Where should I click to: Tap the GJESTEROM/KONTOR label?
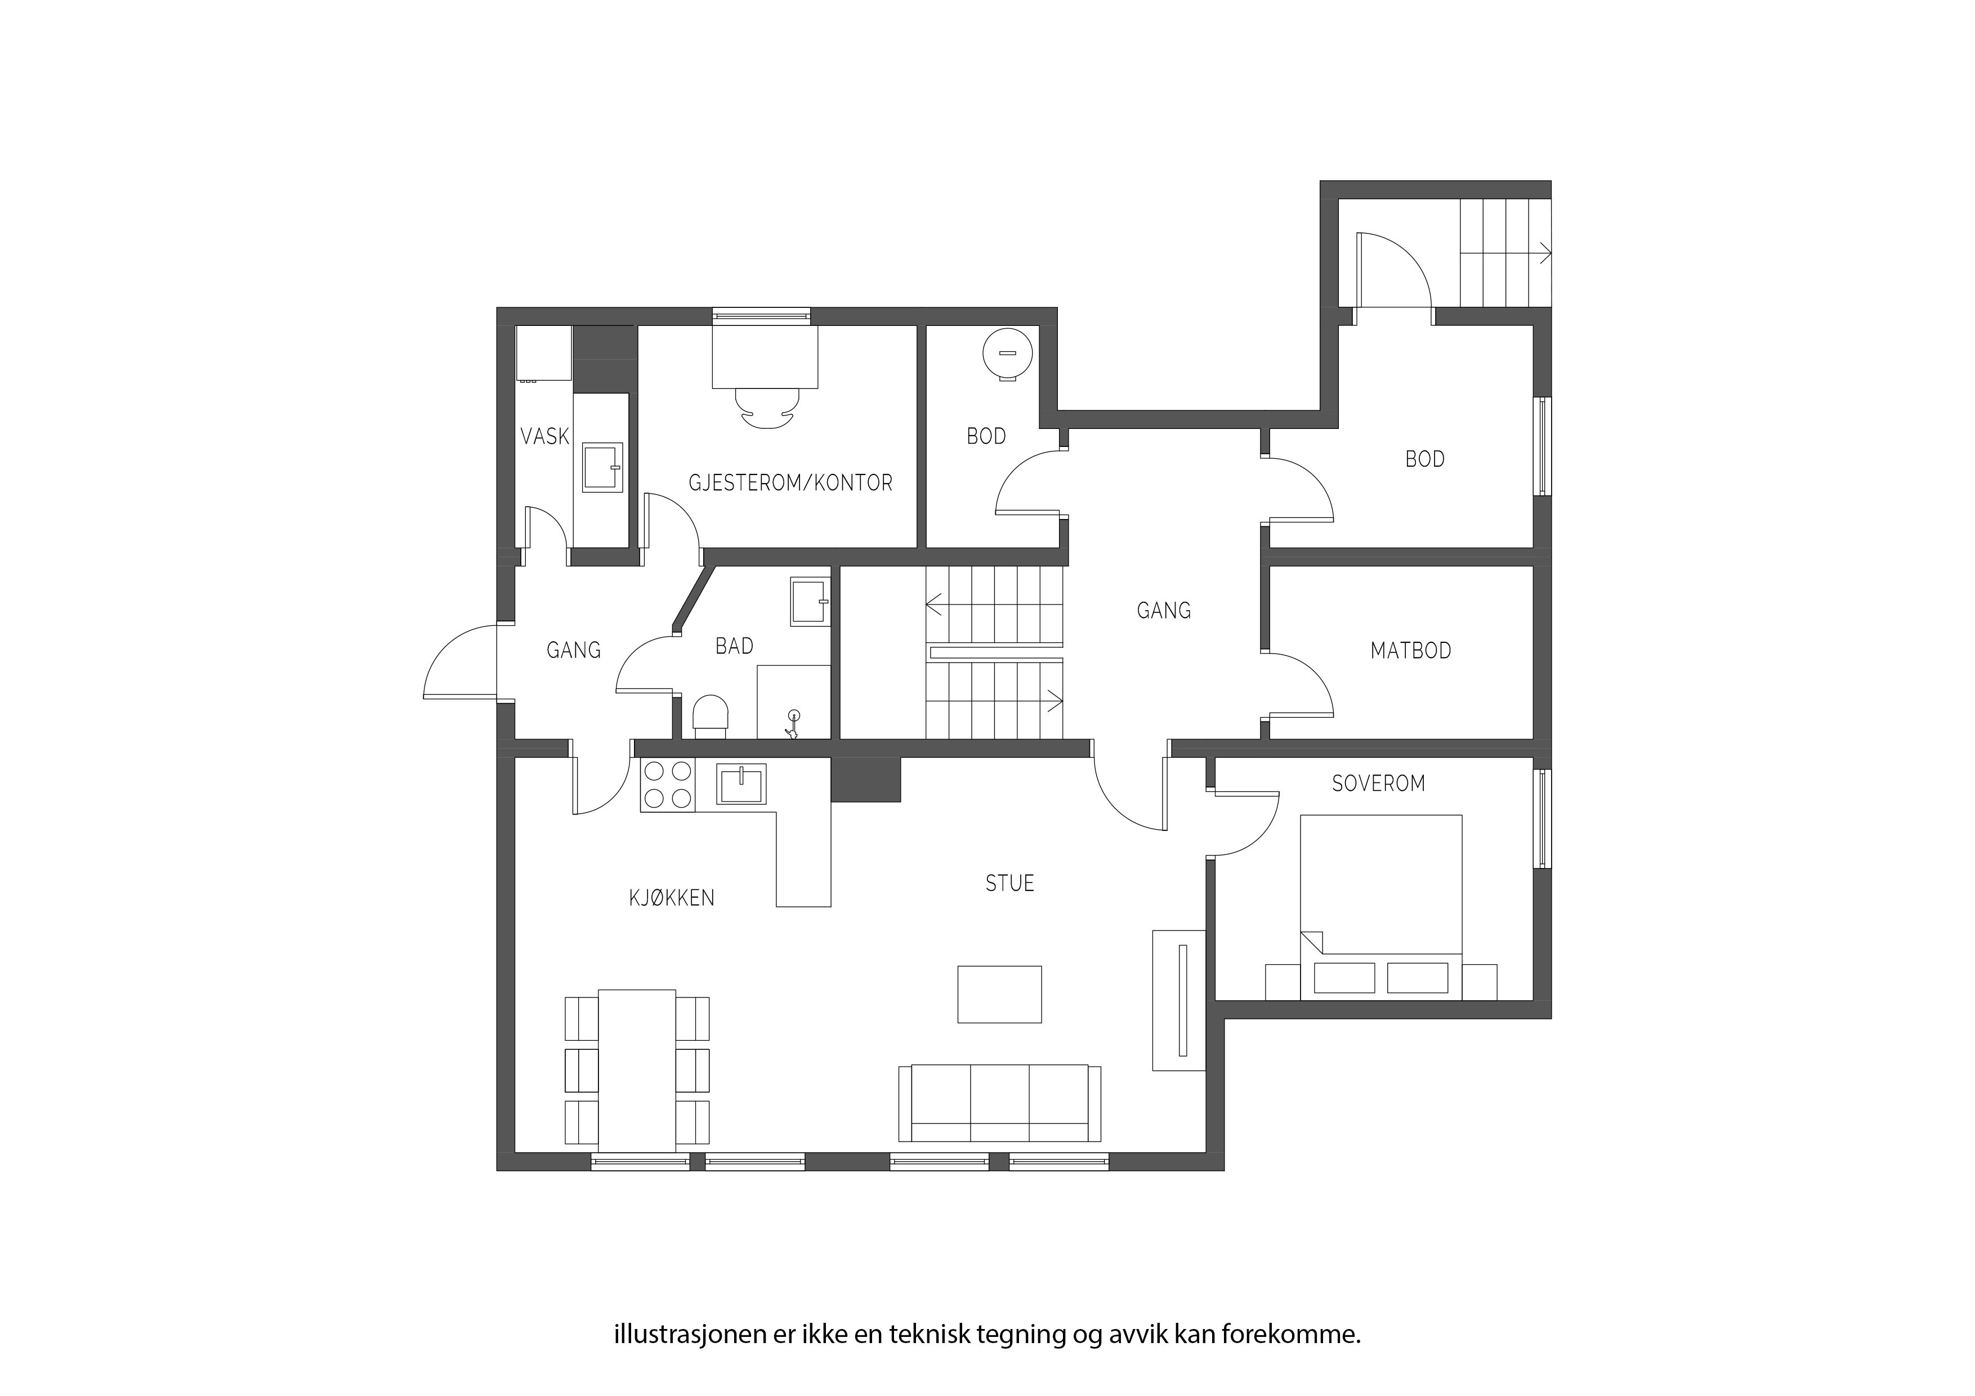tap(790, 484)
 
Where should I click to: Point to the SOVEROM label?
tap(1379, 784)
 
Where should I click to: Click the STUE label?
tap(1010, 883)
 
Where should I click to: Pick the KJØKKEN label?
tap(672, 898)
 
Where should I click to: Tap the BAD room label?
tap(735, 646)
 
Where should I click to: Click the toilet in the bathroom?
tap(711, 717)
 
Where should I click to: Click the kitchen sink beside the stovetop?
tap(741, 784)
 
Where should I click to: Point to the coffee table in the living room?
tap(999, 994)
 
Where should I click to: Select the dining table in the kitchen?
tap(637, 1071)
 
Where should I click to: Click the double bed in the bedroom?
tap(1380, 907)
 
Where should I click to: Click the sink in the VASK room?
tap(602, 467)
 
